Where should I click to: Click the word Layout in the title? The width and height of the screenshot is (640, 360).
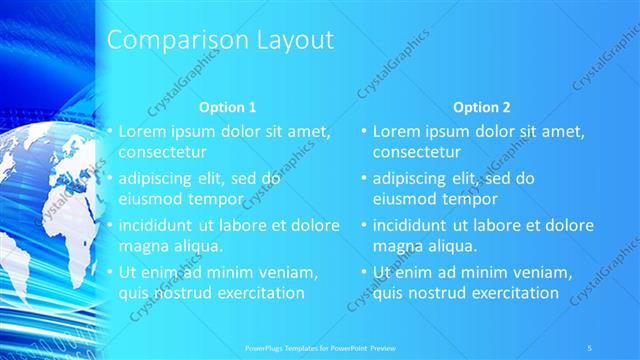click(x=291, y=41)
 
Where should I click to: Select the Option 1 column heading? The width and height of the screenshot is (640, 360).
click(x=227, y=107)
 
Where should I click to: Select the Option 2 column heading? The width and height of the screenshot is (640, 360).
click(x=481, y=107)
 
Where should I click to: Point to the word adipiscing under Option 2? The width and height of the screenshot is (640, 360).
click(x=410, y=179)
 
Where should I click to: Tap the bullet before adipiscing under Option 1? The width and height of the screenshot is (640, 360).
click(x=109, y=179)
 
